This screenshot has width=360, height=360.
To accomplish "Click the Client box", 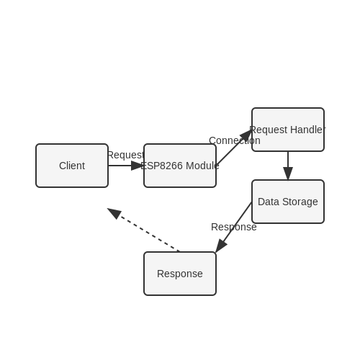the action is point(72,166).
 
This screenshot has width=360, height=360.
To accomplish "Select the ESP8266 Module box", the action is point(180,166).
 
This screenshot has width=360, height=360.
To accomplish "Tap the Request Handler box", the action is point(288,130).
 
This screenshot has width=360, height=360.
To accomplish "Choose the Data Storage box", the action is point(288,202).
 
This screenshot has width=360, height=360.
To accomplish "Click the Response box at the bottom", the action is point(180,274).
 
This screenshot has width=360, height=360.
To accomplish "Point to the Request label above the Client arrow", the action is point(126,155).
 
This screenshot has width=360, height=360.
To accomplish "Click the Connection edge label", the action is point(235,140).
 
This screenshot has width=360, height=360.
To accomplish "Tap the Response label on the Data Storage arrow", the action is point(234,227).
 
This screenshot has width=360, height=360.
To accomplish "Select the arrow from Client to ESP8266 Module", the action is point(126,166).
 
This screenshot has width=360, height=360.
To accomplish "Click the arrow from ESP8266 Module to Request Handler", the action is point(234,148).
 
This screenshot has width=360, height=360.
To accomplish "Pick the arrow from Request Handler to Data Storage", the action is point(288,166).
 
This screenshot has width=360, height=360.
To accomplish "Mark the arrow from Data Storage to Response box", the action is point(233,228).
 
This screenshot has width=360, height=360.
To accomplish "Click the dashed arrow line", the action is point(143,230).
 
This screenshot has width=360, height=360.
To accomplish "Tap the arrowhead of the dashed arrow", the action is point(114,213).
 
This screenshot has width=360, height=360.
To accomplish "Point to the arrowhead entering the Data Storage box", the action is point(288,174).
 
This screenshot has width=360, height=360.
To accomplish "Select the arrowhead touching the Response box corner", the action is point(220,246).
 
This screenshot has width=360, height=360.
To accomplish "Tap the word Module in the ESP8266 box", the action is point(202,166).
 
